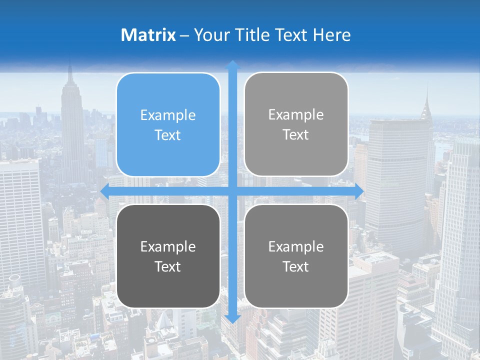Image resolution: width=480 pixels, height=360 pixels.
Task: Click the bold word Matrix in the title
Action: point(148,35)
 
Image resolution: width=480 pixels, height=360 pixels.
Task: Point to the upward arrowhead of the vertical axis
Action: point(232,65)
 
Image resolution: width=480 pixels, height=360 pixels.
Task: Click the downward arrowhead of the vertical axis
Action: point(232,319)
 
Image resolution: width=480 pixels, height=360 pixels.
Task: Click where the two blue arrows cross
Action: point(232,191)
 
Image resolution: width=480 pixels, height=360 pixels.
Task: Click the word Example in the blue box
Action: point(168,115)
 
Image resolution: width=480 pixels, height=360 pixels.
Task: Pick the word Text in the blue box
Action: point(168,135)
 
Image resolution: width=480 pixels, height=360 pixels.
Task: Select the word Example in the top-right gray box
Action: point(296,115)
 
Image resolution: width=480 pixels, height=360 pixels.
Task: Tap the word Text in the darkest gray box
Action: point(168,266)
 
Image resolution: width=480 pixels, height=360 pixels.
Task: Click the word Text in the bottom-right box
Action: point(296,266)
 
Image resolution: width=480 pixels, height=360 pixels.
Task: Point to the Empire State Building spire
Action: point(70,72)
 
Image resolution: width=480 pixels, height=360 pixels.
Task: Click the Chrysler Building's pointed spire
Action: point(427,95)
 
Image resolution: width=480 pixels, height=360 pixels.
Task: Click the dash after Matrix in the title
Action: point(184,35)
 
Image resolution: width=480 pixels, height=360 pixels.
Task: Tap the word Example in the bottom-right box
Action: point(296,246)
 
